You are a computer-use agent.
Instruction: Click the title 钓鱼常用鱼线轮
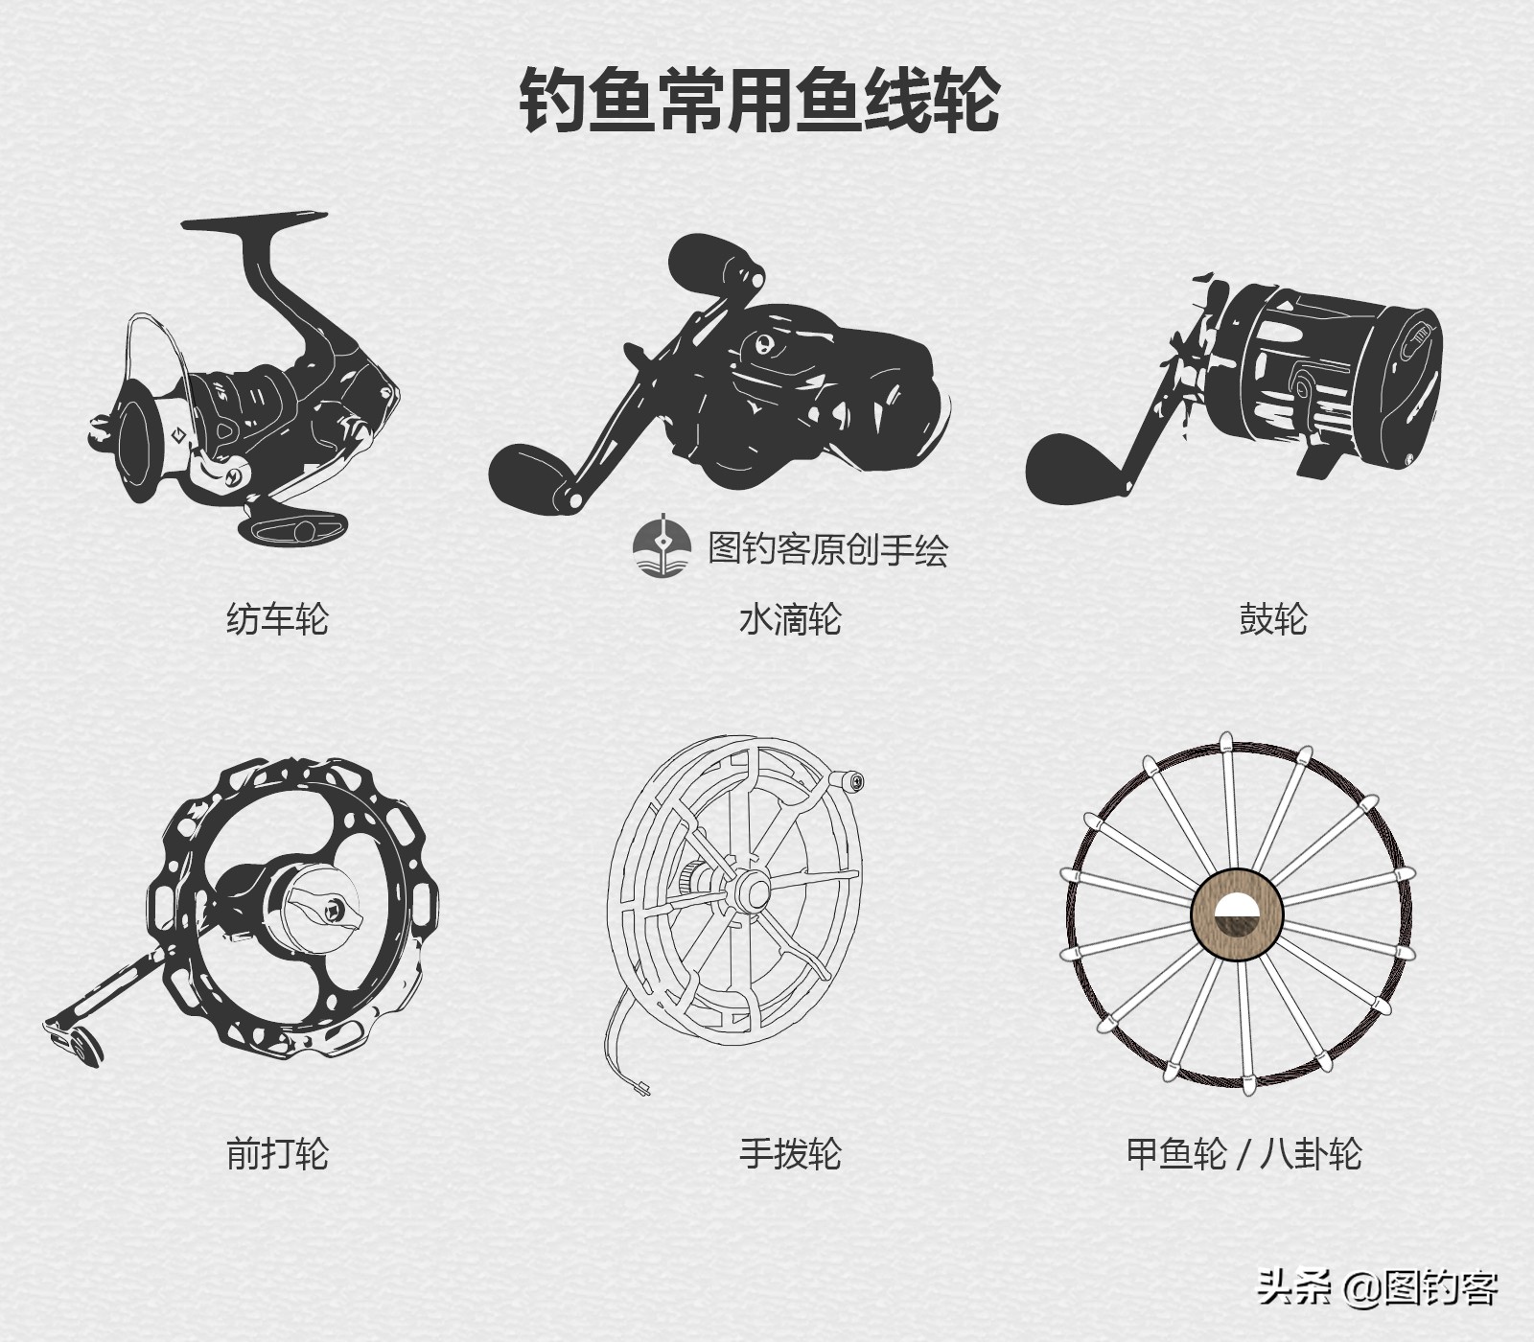pos(759,100)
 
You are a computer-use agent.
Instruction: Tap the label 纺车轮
pos(277,619)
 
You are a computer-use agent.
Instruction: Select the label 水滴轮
pos(790,619)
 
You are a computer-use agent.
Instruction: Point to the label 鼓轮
pos(1272,619)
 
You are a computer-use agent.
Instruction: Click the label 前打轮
pos(277,1152)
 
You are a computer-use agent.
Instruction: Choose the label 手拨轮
pos(790,1152)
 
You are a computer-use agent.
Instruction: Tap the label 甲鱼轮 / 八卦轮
pos(1243,1152)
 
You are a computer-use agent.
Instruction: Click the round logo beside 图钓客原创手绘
pos(662,547)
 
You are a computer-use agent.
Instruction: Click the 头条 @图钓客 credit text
pos(1377,1287)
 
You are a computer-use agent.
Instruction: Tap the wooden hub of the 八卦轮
pos(1237,915)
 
